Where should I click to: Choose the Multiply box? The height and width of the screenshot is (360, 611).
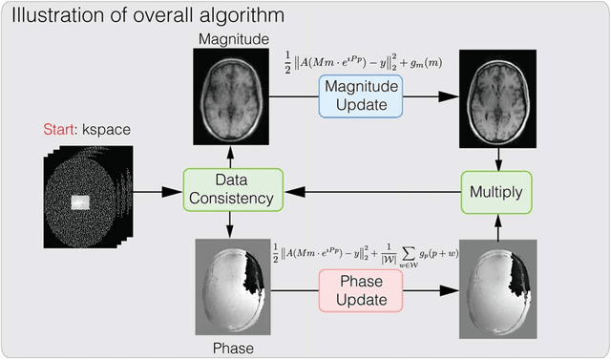[x=496, y=191]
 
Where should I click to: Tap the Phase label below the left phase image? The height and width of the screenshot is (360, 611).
[x=228, y=349]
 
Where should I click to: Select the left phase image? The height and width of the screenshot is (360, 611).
[x=228, y=286]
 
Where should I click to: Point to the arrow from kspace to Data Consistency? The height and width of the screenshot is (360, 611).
[x=157, y=191]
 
